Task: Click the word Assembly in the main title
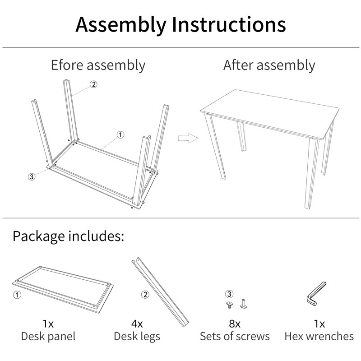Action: pyautogui.click(x=121, y=25)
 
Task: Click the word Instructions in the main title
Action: pyautogui.click(x=229, y=24)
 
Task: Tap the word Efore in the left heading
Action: pyautogui.click(x=67, y=65)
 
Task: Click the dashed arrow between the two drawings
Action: pyautogui.click(x=188, y=138)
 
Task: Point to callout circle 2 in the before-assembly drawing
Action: pyautogui.click(x=93, y=84)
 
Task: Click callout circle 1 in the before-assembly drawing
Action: pyautogui.click(x=120, y=134)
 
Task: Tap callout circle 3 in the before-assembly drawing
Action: pyautogui.click(x=32, y=176)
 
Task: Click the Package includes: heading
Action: pyautogui.click(x=69, y=236)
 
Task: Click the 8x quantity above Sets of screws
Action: pyautogui.click(x=235, y=324)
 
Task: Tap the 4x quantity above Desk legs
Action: pyautogui.click(x=137, y=324)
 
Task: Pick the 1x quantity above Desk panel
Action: pyautogui.click(x=48, y=324)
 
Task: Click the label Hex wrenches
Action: pyautogui.click(x=319, y=336)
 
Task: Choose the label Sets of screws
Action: pyautogui.click(x=235, y=336)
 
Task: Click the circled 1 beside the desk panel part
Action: pyautogui.click(x=17, y=295)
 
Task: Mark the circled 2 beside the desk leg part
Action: pyautogui.click(x=145, y=295)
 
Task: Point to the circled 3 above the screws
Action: pyautogui.click(x=229, y=294)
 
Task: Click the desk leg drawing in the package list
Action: pyautogui.click(x=160, y=292)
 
